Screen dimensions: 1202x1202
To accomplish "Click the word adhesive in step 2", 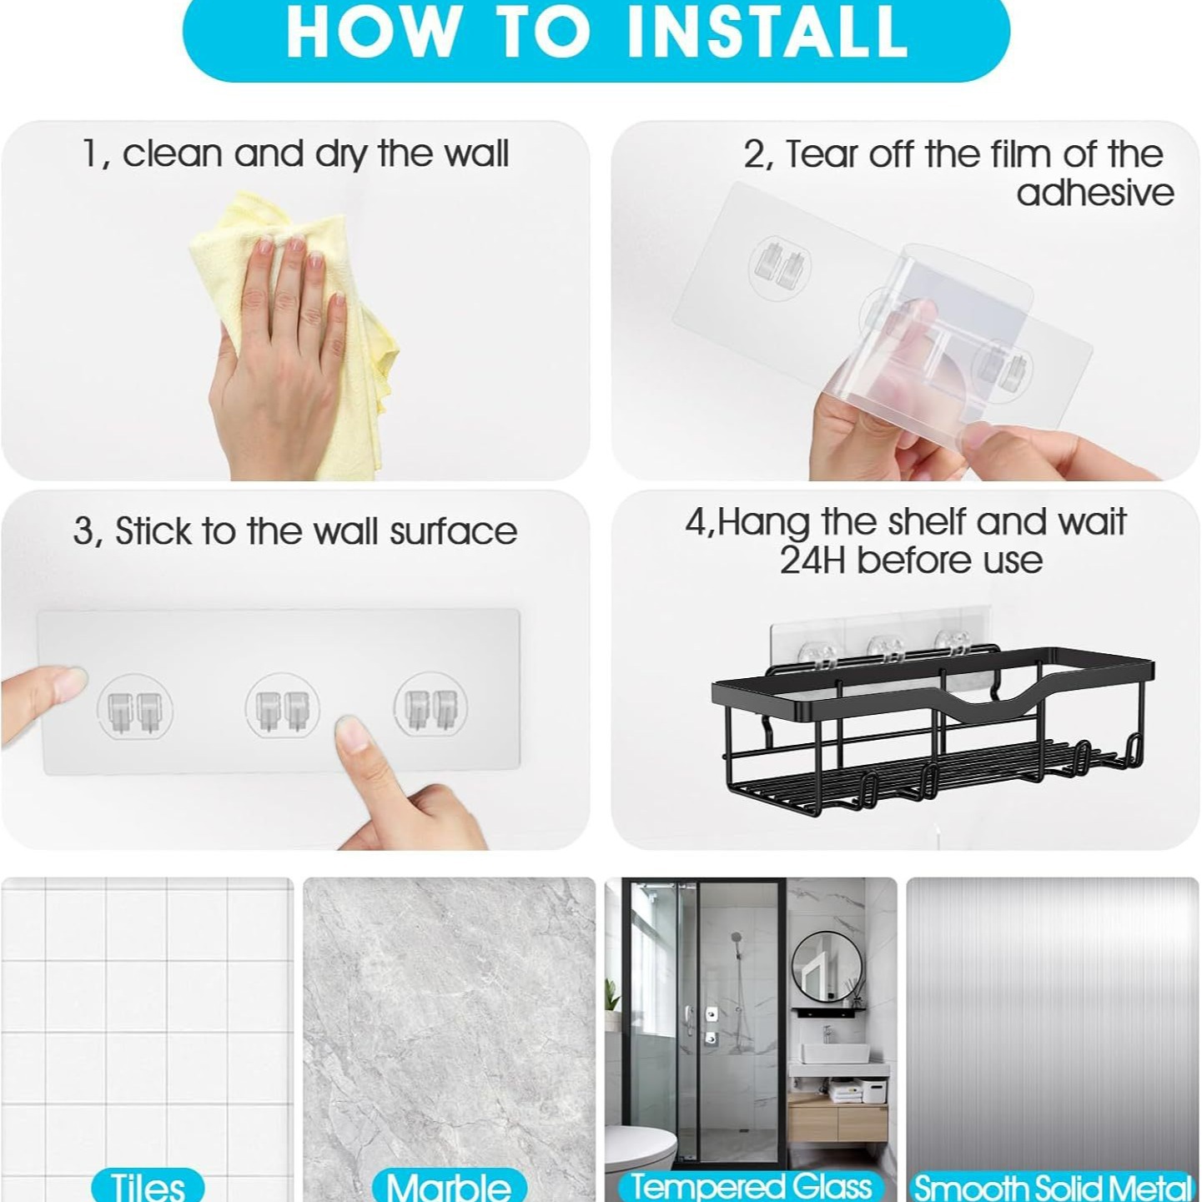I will click(1094, 194).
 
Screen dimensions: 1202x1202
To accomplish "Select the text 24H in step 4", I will click(812, 561).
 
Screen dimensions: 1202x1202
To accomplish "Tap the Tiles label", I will click(148, 1185).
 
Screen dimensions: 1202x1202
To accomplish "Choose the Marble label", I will click(449, 1185).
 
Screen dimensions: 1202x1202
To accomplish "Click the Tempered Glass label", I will click(751, 1185).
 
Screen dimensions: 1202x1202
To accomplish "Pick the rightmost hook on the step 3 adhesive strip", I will click(430, 707).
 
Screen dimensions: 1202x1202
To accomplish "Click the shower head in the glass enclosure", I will click(737, 940).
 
